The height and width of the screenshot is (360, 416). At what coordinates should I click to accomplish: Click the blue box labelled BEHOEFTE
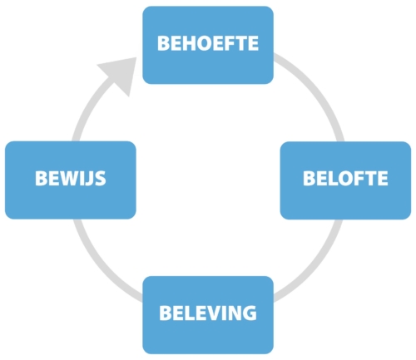pyautogui.click(x=208, y=45)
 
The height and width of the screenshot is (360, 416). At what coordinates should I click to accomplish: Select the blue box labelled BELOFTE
pyautogui.click(x=345, y=180)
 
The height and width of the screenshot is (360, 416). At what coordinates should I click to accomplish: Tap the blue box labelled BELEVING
pyautogui.click(x=208, y=315)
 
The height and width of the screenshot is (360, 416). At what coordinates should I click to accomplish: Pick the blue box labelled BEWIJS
pyautogui.click(x=71, y=180)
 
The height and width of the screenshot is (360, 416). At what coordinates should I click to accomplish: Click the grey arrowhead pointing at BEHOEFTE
pyautogui.click(x=121, y=73)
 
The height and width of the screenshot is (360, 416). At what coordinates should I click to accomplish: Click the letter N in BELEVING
pyautogui.click(x=234, y=313)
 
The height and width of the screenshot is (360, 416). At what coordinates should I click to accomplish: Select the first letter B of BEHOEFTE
pyautogui.click(x=164, y=43)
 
